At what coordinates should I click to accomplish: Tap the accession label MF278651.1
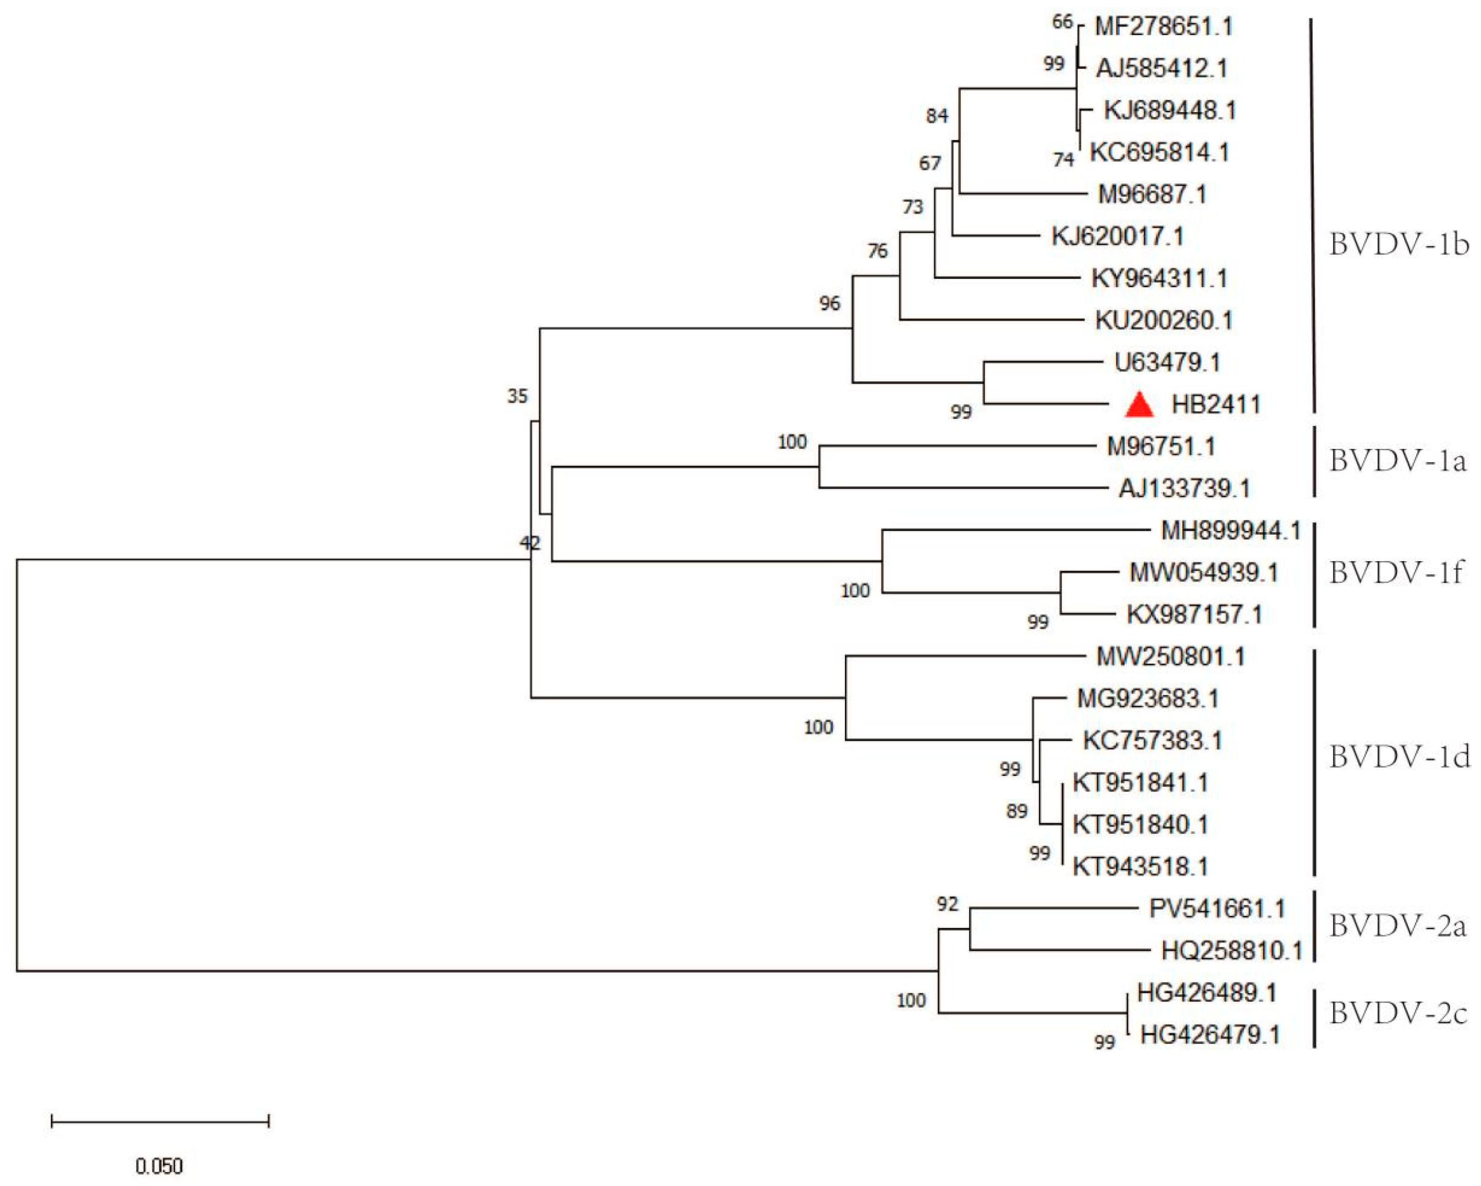click(x=1163, y=27)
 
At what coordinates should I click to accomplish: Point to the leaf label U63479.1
click(x=1167, y=362)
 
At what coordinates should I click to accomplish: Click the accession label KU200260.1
click(x=1163, y=320)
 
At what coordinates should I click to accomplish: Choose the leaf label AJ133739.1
click(x=1184, y=489)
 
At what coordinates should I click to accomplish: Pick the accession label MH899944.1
click(x=1230, y=530)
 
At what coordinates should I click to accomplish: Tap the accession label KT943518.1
click(x=1140, y=867)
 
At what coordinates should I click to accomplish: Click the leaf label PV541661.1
click(x=1216, y=909)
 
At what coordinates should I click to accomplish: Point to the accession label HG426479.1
click(x=1210, y=1035)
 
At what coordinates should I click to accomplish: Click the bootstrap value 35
click(x=517, y=396)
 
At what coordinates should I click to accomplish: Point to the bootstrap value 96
click(x=829, y=303)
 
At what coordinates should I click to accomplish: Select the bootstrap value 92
click(x=947, y=904)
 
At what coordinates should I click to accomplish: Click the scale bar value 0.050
click(x=159, y=1166)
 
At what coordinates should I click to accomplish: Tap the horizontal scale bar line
click(x=160, y=1121)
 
